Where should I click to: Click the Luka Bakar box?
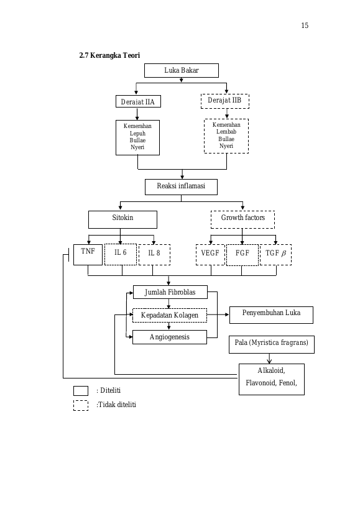tap(182, 70)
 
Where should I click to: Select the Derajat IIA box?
tap(138, 101)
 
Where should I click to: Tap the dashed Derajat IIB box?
tap(225, 101)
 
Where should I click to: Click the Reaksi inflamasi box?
tap(181, 187)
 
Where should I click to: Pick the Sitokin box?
tap(122, 220)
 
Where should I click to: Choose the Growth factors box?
tap(243, 220)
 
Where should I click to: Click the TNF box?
tap(88, 255)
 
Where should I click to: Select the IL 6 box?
tap(121, 255)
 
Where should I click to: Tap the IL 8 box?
tap(155, 255)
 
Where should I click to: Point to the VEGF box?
tap(210, 255)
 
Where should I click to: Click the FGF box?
tap(242, 255)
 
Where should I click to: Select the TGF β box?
tap(276, 255)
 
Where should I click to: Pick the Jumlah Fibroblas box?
tap(170, 292)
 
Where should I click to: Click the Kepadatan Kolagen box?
tap(170, 315)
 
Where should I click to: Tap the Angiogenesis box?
tap(170, 337)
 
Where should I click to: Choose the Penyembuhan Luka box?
tap(271, 315)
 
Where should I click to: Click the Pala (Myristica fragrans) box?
tap(272, 344)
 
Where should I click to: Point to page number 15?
tap(305, 25)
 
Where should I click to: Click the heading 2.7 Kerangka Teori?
tap(109, 55)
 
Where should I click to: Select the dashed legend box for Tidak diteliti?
tap(81, 405)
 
